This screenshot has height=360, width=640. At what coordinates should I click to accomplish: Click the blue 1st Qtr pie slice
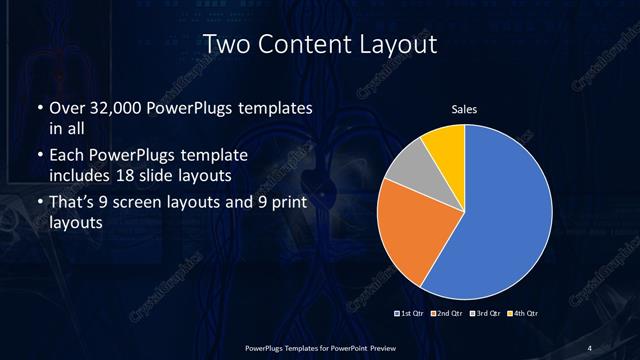click(x=500, y=220)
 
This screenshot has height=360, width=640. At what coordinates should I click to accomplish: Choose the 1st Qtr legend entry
click(x=411, y=315)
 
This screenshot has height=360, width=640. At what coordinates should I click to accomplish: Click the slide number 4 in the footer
click(x=590, y=347)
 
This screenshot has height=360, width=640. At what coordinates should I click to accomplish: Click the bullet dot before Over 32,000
click(x=39, y=108)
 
